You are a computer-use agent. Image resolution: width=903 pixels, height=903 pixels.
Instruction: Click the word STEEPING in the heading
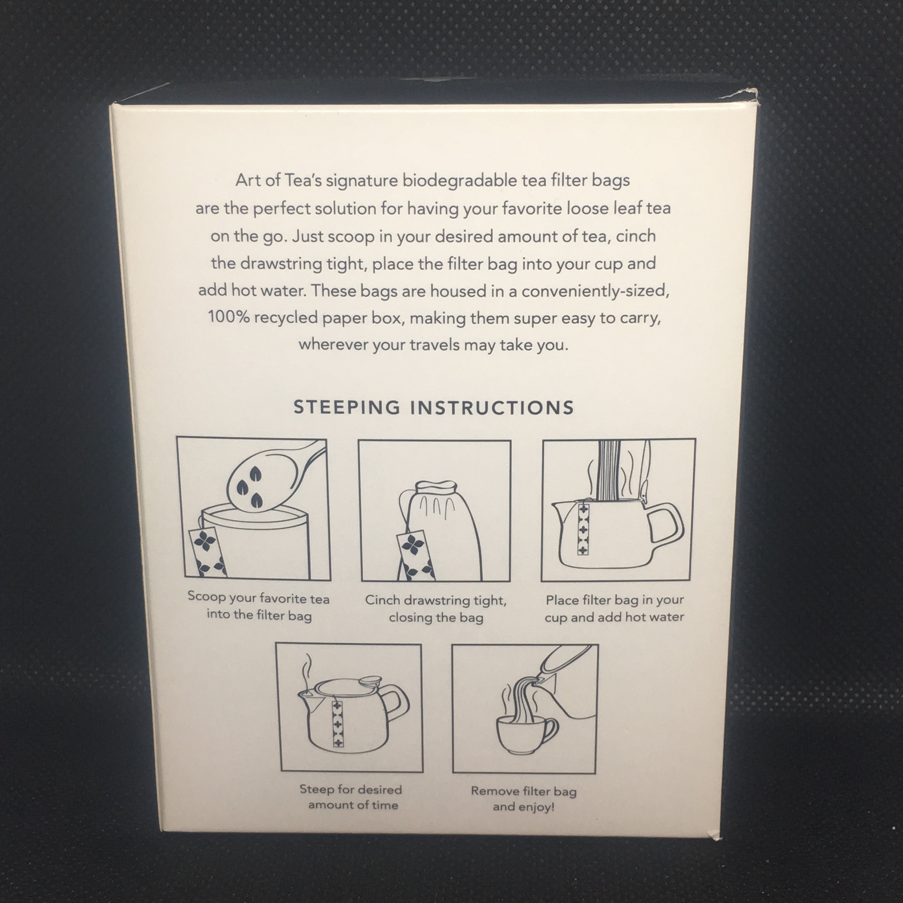(x=346, y=407)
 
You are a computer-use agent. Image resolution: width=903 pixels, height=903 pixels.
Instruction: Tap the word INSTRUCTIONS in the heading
(x=492, y=408)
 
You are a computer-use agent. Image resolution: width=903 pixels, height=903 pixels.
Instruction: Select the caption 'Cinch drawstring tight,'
(x=436, y=601)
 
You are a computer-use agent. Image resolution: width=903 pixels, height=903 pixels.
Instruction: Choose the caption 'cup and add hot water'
(x=614, y=617)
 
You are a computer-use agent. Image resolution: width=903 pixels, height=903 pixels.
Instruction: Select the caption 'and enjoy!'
(x=523, y=807)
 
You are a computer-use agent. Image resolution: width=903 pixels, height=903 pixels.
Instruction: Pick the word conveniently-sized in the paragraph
(x=595, y=291)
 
